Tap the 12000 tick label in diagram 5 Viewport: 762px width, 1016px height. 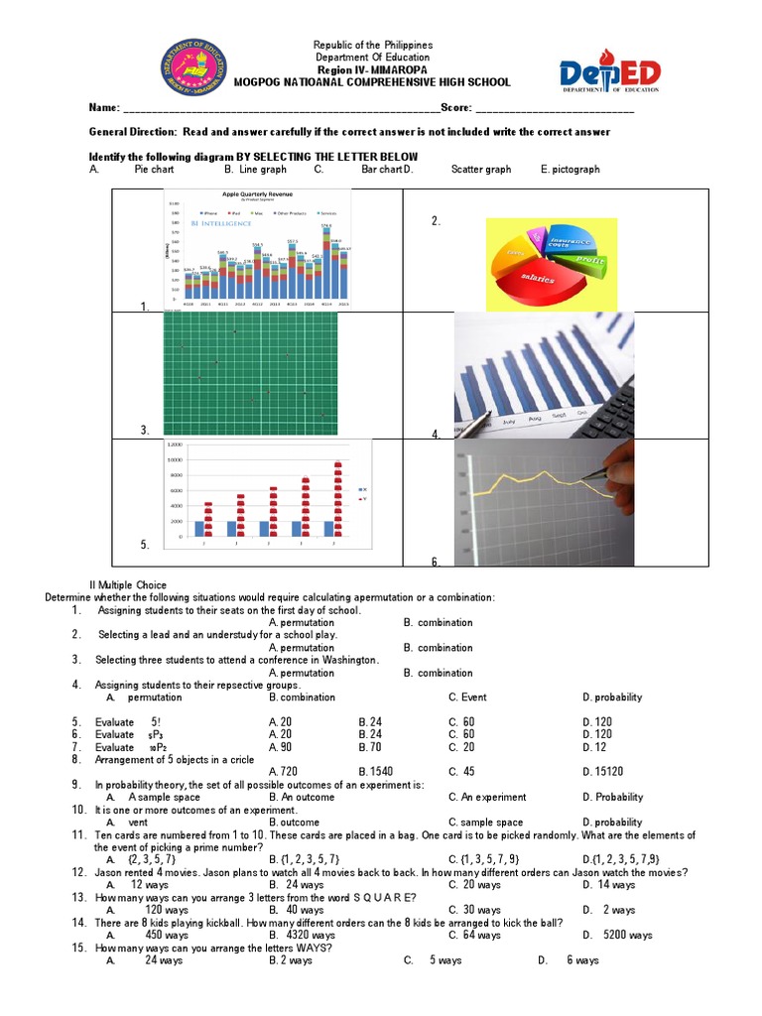tap(175, 444)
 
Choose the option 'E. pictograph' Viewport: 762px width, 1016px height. tap(571, 170)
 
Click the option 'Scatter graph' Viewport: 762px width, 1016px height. tap(481, 170)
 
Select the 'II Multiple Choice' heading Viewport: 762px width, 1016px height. tap(128, 585)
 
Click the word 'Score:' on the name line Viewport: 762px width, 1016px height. tap(455, 108)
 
